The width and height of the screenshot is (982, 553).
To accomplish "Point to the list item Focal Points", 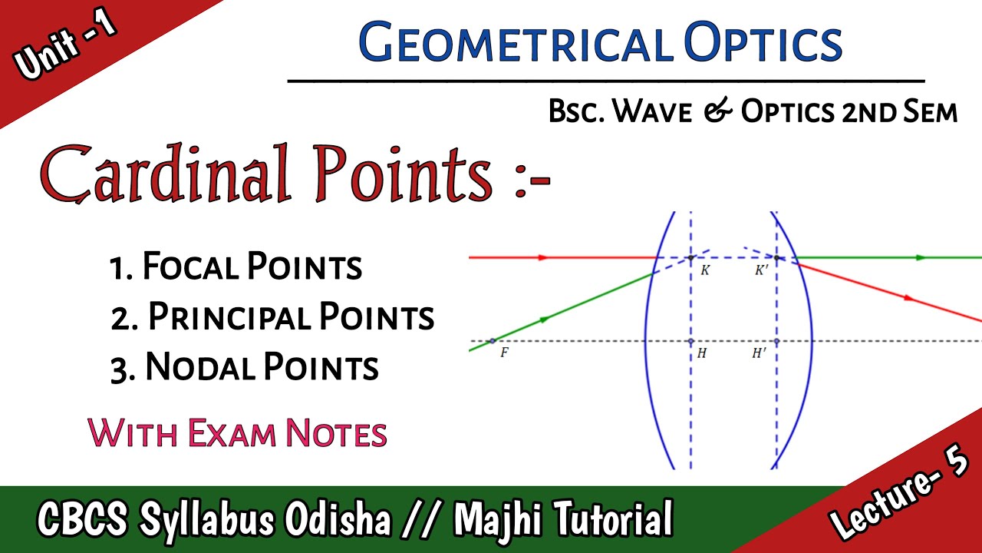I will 236,267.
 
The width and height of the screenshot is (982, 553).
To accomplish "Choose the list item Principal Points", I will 272,316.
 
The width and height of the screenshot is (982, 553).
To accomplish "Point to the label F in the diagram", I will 504,354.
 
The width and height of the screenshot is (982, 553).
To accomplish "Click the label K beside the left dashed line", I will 705,270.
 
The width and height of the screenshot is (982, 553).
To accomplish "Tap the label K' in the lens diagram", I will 761,270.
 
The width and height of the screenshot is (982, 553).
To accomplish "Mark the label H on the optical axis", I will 702,354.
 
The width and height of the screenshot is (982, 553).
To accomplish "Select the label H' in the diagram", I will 760,354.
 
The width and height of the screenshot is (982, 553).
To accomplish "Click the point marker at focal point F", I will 492,340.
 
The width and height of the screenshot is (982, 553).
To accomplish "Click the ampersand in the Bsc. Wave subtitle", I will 720,112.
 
